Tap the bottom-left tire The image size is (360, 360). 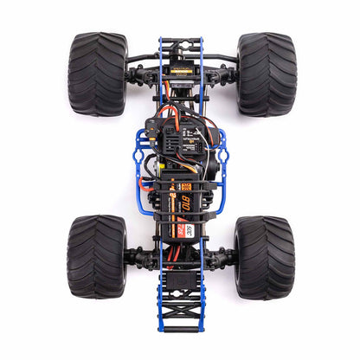click(x=96, y=257)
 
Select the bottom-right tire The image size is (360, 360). click(x=264, y=257)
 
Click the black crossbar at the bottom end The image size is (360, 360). click(x=180, y=329)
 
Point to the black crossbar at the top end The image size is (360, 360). click(x=180, y=40)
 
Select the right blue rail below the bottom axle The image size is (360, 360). click(x=202, y=294)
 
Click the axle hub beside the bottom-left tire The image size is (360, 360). click(x=132, y=257)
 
